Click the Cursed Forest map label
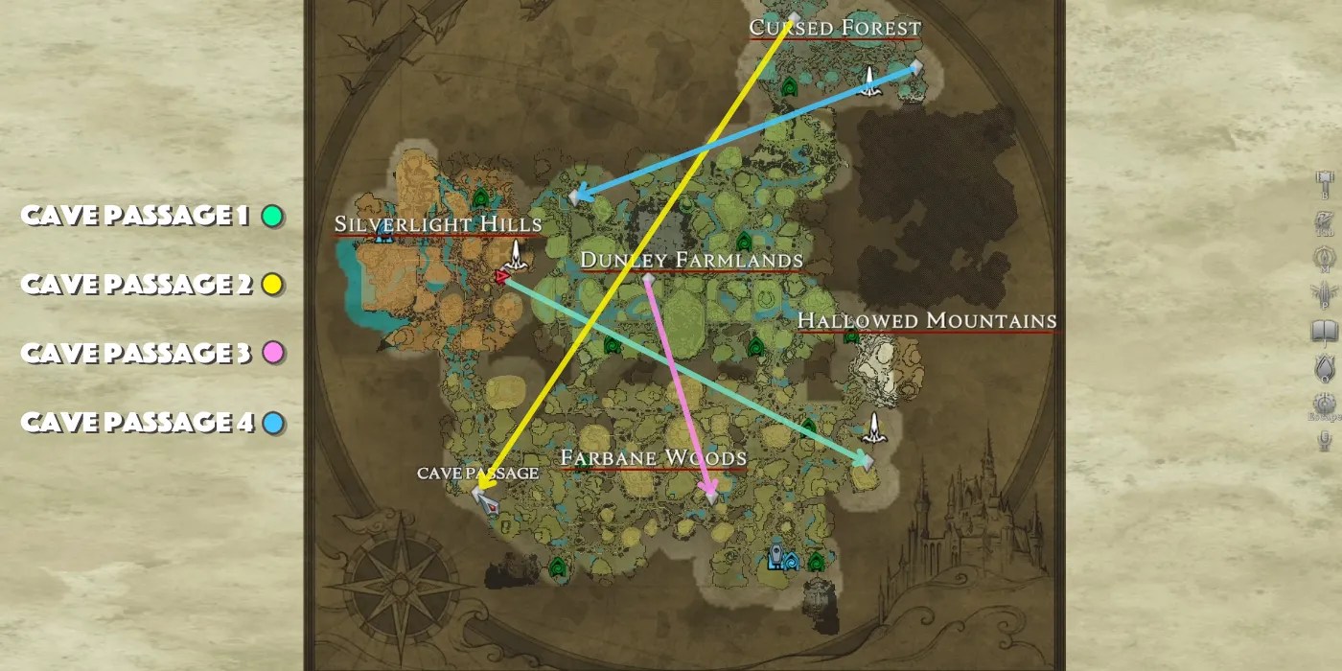tap(835, 28)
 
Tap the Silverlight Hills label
tap(438, 224)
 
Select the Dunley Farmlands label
tap(691, 260)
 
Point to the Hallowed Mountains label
tap(927, 321)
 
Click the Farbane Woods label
tap(653, 458)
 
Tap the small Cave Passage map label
tap(477, 474)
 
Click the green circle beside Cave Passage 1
tap(272, 217)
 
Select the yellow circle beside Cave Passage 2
tap(272, 285)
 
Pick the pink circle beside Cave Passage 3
tap(272, 354)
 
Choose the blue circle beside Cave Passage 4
tap(273, 423)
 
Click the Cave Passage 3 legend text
tap(135, 354)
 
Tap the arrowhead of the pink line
tap(709, 495)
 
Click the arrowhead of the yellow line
tap(482, 480)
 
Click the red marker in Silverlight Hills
tap(501, 277)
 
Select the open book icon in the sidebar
tap(1324, 332)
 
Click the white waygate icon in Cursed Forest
tap(869, 80)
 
